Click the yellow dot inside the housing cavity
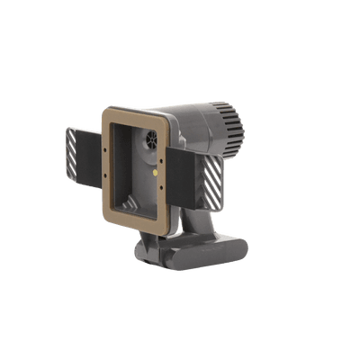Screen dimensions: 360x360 pos(157,166)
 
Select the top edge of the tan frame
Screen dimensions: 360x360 pos(135,112)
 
